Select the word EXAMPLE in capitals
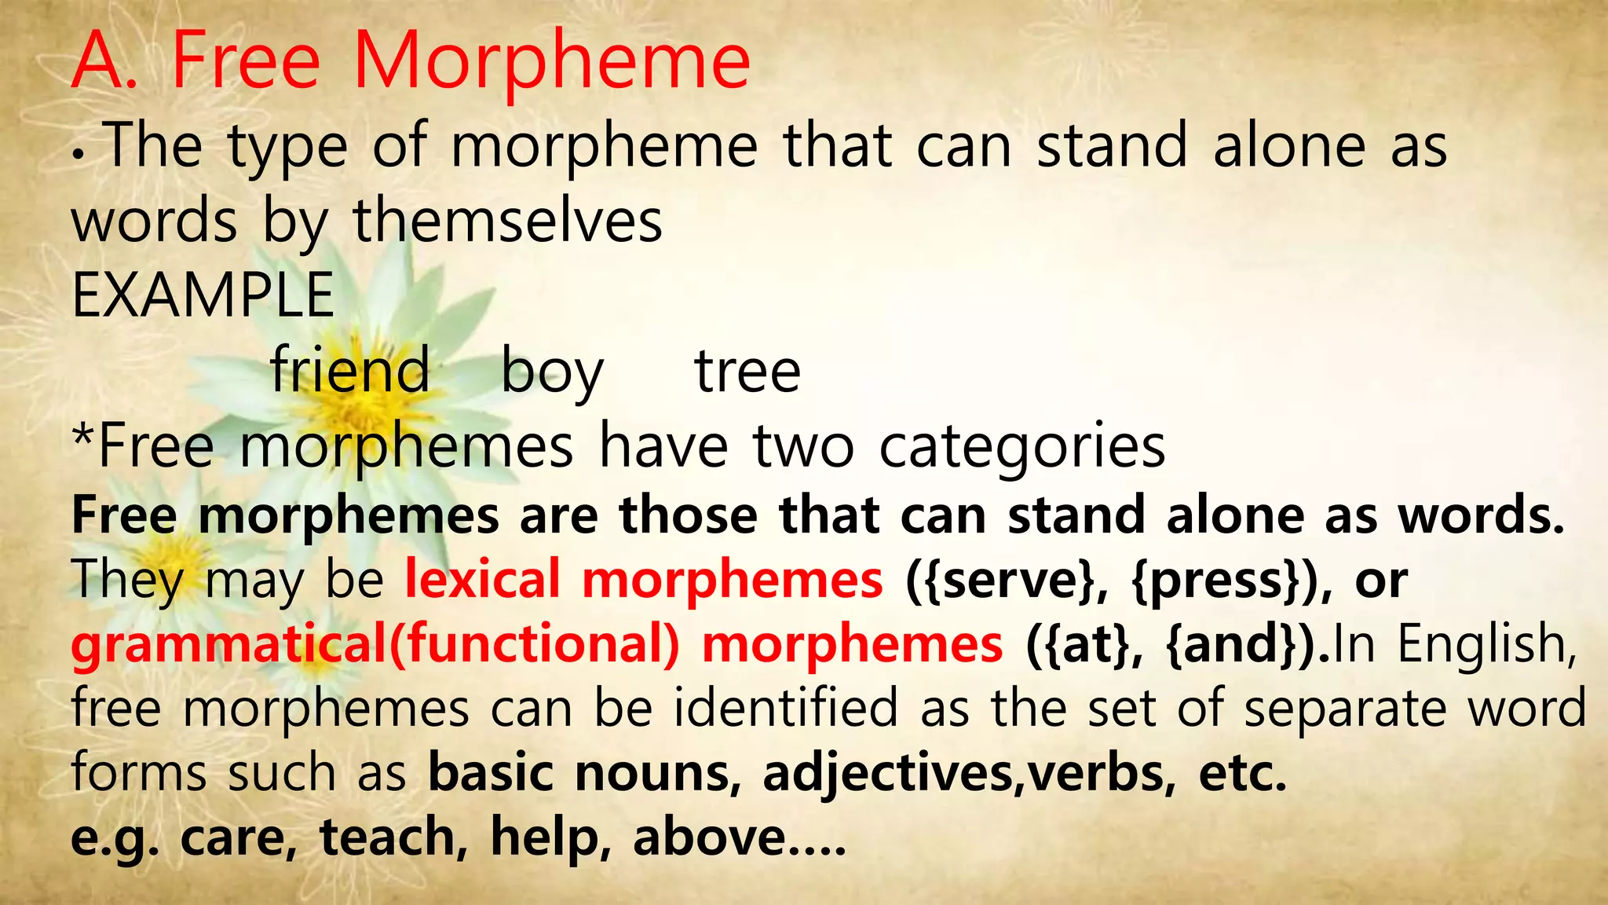(203, 295)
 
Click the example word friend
(350, 370)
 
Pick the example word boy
(552, 372)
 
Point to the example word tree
(747, 371)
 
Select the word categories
(1022, 448)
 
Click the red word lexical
(482, 579)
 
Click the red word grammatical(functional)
(375, 644)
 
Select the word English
(1487, 644)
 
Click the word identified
(786, 707)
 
